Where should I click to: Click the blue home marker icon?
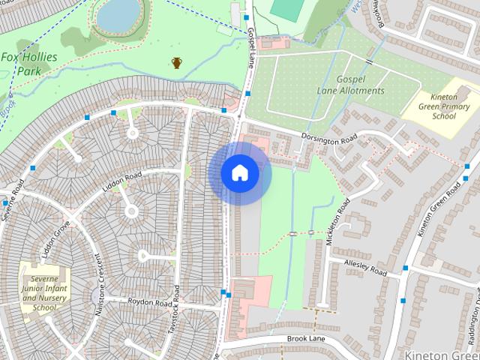[239, 173]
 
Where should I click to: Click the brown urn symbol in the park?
[177, 62]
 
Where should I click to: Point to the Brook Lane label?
[307, 339]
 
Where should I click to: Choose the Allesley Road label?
[364, 268]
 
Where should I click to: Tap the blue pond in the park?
[118, 14]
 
